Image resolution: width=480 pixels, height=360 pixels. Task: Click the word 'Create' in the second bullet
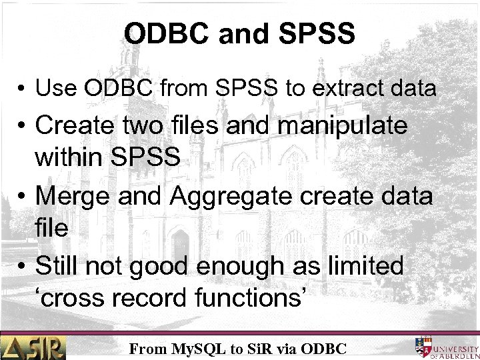click(78, 126)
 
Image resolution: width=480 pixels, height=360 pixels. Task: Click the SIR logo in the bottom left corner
click(33, 347)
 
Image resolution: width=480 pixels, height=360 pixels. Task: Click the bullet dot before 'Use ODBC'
click(21, 89)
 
